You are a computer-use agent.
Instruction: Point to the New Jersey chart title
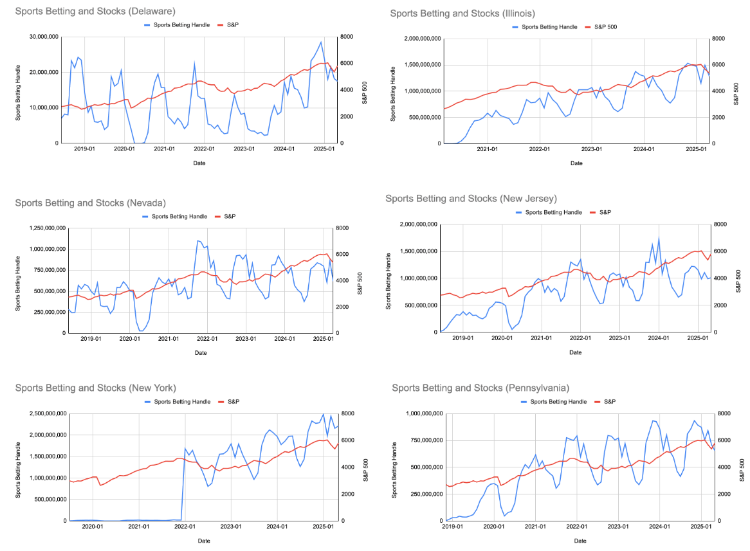(x=471, y=198)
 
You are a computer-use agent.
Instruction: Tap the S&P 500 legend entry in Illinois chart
(x=605, y=27)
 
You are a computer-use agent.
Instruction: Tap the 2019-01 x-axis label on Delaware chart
(x=84, y=149)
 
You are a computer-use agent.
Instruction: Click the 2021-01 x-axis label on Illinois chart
(x=487, y=149)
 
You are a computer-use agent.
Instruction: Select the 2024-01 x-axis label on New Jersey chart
(x=658, y=338)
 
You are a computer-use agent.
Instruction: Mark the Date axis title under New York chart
(x=203, y=541)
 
